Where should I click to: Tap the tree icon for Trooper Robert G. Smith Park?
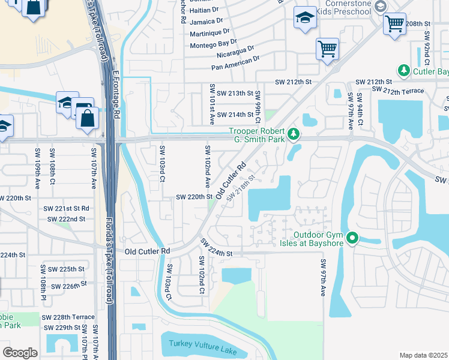[294, 134]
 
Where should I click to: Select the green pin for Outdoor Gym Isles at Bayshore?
[353, 238]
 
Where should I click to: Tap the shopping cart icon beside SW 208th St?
[394, 24]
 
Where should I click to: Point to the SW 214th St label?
[235, 115]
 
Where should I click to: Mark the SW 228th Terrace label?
[68, 317]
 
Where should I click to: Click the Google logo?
[20, 352]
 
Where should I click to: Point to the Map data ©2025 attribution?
[423, 355]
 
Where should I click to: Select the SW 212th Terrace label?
[398, 90]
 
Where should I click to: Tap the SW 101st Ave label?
[212, 104]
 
